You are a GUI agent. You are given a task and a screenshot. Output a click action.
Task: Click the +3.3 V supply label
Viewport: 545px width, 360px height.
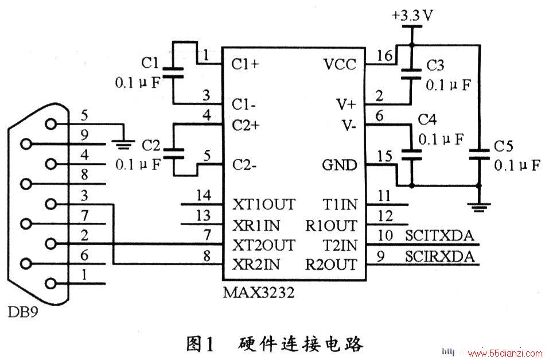(412, 16)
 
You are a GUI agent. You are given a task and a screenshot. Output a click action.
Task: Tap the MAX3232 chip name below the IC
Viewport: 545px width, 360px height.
(258, 292)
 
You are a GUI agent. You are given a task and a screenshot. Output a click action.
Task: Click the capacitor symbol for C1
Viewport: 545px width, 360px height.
(173, 73)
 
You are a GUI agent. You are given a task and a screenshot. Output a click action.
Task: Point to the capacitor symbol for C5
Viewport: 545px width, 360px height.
(479, 154)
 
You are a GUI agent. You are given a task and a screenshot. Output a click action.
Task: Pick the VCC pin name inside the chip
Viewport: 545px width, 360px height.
(340, 64)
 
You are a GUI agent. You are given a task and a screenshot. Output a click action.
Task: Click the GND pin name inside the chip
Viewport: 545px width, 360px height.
(340, 165)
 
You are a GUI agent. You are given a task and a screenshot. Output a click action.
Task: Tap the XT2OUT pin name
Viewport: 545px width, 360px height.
(263, 245)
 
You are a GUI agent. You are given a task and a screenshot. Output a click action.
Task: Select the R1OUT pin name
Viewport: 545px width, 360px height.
(331, 226)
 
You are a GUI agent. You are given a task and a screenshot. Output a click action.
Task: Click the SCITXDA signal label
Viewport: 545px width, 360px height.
(439, 236)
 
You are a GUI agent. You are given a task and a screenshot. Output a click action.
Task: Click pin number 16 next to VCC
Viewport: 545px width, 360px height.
(384, 56)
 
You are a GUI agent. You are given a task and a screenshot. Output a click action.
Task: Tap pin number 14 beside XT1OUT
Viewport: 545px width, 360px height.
(204, 195)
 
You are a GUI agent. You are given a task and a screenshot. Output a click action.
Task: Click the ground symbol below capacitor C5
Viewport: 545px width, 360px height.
(479, 208)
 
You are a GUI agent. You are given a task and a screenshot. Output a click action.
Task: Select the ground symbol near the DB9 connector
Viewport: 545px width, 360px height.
(123, 144)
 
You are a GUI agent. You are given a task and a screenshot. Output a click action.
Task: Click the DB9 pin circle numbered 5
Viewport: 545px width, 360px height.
(51, 124)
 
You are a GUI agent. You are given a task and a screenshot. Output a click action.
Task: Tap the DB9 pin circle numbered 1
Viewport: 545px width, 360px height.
(51, 284)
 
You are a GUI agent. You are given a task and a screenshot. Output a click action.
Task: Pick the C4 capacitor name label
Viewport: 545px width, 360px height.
(427, 120)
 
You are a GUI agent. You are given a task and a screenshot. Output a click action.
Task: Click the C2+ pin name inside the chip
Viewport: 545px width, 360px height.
(246, 125)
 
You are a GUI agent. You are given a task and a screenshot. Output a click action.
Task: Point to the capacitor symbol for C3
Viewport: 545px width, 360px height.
(411, 75)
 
